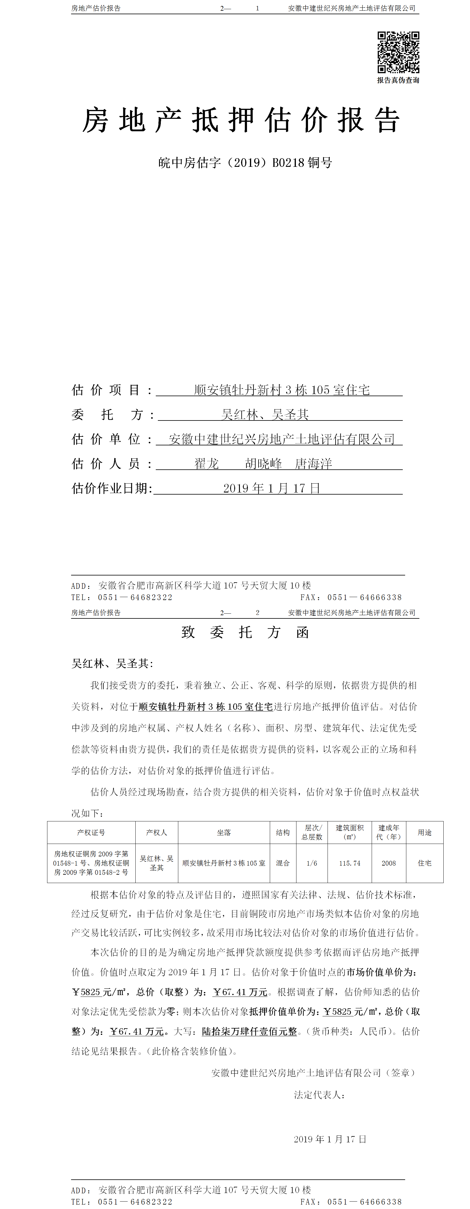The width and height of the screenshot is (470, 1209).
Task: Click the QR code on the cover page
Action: point(398,52)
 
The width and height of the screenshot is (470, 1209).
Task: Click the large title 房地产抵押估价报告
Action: point(241,120)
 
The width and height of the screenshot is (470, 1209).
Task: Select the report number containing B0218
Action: point(245,163)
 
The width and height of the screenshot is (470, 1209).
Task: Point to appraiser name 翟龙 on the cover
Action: point(207,464)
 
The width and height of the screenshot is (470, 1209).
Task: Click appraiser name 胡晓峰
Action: point(264,464)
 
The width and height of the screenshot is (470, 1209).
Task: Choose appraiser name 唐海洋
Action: point(313,464)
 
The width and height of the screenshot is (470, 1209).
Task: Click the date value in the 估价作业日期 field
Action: point(272,489)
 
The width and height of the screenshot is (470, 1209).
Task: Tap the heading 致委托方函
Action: point(245,632)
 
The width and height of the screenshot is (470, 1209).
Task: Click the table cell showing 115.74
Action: point(350,863)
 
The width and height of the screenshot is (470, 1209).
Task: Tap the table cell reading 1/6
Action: point(312,863)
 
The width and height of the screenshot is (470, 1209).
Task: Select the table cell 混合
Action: point(283,863)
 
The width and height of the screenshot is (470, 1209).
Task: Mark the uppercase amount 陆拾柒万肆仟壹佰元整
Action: point(250,1032)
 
